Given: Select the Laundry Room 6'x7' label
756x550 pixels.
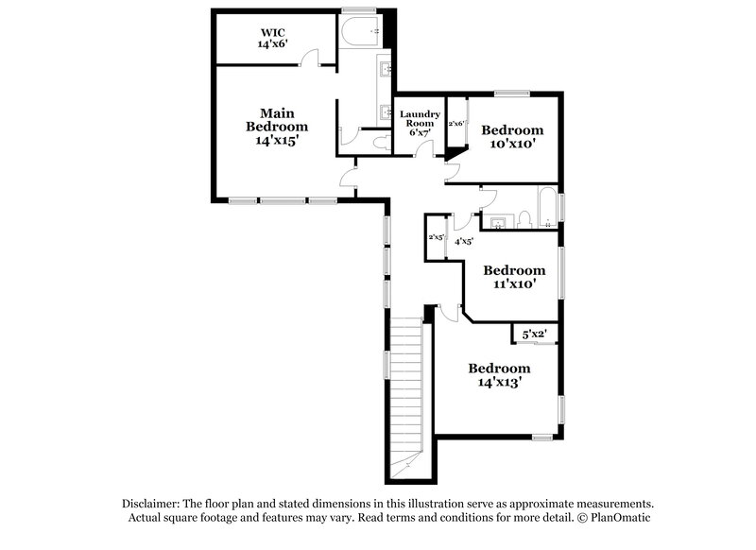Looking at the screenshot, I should [419, 123].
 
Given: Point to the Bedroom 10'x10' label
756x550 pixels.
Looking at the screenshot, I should [512, 137].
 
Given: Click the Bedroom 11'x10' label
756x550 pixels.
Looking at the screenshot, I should [513, 277].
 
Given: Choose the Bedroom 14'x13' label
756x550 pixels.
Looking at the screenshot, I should [499, 375].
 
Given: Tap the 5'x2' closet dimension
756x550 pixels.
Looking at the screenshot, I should [534, 335].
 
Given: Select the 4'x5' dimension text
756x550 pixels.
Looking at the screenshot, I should [464, 242].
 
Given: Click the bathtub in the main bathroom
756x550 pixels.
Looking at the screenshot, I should [359, 31].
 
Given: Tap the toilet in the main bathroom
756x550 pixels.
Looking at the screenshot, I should [382, 142].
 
